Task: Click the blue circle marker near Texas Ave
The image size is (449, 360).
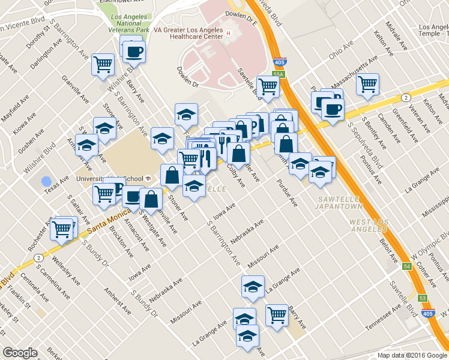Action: (46, 180)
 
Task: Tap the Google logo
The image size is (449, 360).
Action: (20, 353)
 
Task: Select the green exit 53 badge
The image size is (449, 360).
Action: (423, 298)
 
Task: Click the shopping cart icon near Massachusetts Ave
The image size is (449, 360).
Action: (367, 85)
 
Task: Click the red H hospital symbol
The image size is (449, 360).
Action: (228, 33)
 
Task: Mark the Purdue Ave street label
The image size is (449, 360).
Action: (287, 193)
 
